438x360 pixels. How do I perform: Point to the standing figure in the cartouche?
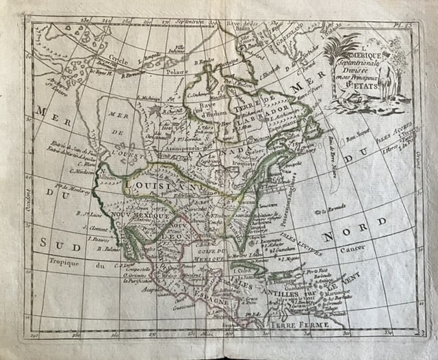tap(398, 72)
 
